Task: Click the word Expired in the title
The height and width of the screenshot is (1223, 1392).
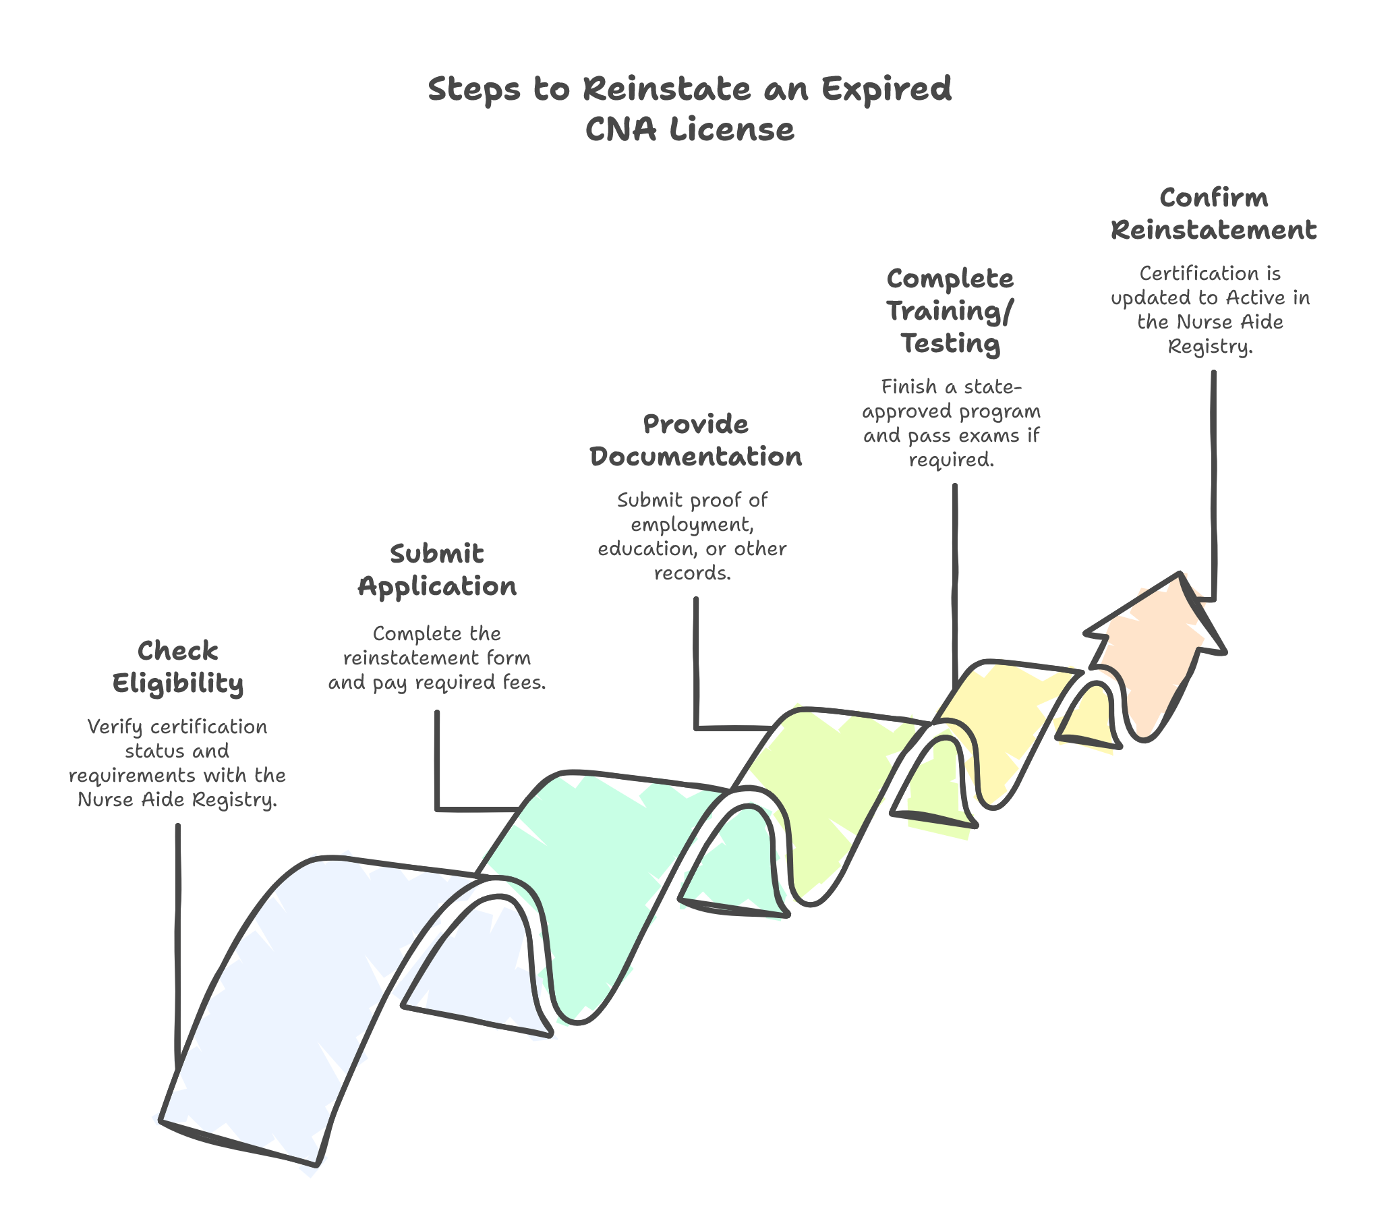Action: (886, 89)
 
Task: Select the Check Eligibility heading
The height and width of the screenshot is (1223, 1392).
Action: (178, 667)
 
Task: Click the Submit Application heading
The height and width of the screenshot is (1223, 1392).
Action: (437, 569)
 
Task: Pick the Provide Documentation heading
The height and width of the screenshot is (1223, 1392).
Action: (695, 440)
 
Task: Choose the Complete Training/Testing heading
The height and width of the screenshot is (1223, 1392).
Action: (950, 311)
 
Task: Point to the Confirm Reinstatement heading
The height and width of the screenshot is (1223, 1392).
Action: (1213, 214)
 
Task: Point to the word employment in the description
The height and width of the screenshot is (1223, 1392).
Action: (691, 525)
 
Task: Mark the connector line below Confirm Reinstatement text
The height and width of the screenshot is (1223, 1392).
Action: (1213, 477)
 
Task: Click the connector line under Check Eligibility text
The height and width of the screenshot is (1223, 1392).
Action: (179, 940)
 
